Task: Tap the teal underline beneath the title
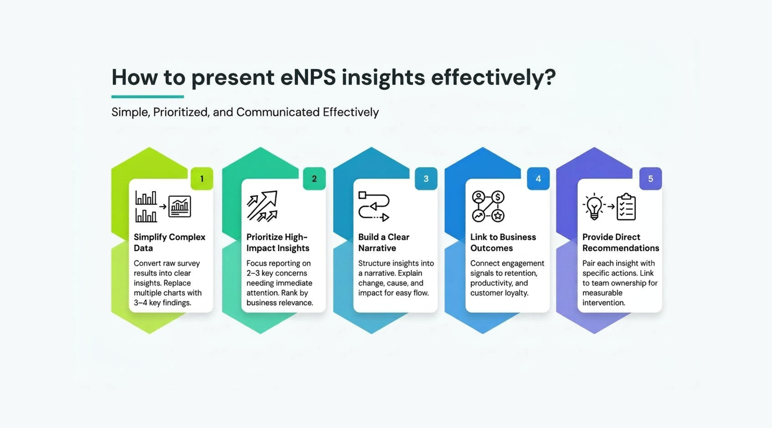147,97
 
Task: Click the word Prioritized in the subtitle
180,112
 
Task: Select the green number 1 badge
202,179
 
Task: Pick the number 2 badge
314,179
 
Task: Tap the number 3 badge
426,179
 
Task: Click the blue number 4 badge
538,179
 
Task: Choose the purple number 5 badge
650,179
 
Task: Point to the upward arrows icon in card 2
262,206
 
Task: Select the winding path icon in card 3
373,206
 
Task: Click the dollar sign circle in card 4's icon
497,197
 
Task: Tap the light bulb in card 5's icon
594,206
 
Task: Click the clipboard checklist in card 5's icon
626,207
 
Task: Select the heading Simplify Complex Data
169,243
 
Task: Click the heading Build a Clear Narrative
384,243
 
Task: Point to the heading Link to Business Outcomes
503,243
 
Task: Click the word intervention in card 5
604,303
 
